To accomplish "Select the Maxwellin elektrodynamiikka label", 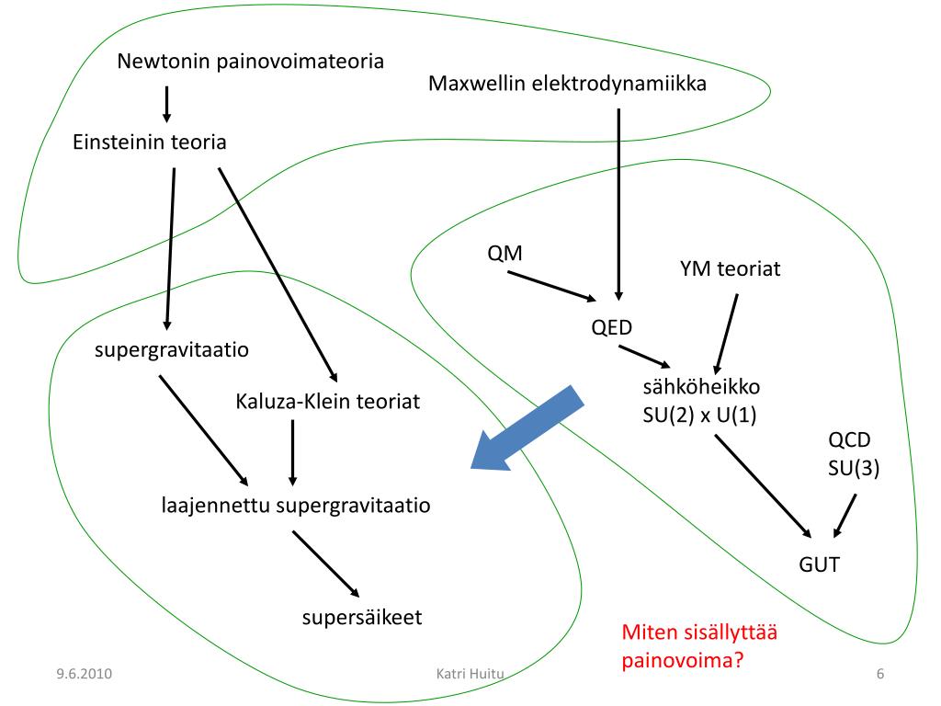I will (x=567, y=84).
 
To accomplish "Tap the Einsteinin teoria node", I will (x=149, y=142).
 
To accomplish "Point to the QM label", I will (x=505, y=254).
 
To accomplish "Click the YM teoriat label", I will (x=730, y=268).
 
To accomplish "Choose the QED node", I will (x=612, y=327).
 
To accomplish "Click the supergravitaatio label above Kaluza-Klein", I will (x=172, y=350).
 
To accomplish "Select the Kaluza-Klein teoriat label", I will (x=327, y=402).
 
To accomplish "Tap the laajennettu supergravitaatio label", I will (x=296, y=505).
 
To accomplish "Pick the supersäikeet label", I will (x=362, y=617).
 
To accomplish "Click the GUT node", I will (x=818, y=564).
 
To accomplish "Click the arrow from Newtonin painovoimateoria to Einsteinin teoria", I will (x=166, y=104).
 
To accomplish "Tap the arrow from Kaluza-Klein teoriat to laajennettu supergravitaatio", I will (x=292, y=452).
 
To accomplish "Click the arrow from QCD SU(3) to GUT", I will (x=845, y=516).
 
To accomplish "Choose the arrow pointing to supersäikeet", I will (x=325, y=564).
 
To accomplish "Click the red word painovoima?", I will (x=682, y=661).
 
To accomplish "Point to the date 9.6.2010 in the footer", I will (x=83, y=675).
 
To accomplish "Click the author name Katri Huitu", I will (x=471, y=675).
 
